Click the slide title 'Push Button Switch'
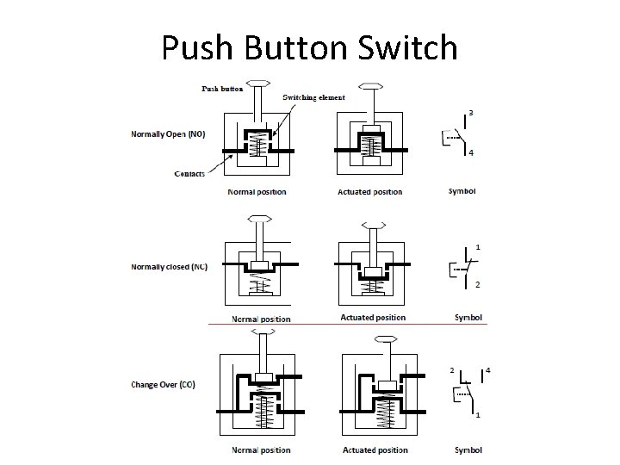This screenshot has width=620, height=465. [309, 47]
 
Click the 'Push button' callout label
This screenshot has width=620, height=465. [222, 88]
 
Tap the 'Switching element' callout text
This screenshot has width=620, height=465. [313, 97]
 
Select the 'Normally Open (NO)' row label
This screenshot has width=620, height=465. [169, 134]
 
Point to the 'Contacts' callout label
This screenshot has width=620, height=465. [189, 174]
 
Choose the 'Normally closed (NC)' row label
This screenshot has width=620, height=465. [169, 266]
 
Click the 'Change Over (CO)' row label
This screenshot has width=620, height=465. [163, 384]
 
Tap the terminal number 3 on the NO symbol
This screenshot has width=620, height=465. [470, 113]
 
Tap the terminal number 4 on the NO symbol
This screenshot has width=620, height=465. [470, 154]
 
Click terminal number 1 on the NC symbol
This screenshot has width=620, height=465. [478, 248]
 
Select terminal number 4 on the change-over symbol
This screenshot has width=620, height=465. [487, 369]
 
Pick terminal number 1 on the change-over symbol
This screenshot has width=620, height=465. [478, 416]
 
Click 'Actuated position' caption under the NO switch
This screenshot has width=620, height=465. [369, 191]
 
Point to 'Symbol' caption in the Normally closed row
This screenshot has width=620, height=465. [468, 318]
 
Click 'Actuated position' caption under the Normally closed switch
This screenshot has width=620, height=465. [373, 318]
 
